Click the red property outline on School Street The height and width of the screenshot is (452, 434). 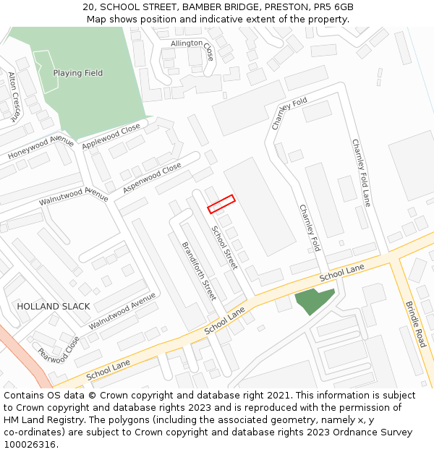(x=221, y=204)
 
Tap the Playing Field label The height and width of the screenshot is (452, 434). (x=78, y=73)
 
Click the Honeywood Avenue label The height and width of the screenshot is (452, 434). (x=41, y=148)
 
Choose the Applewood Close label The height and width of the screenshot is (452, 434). (x=111, y=137)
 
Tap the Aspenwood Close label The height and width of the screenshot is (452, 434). (x=152, y=178)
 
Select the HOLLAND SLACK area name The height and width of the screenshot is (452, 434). (x=54, y=306)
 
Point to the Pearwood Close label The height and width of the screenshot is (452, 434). (x=59, y=349)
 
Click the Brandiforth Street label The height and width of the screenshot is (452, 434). (x=199, y=270)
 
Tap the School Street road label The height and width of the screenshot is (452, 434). (x=224, y=247)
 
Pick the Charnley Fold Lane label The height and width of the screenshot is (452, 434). (x=361, y=173)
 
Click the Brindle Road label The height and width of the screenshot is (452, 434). (x=414, y=323)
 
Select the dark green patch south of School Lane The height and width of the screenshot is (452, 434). (x=314, y=300)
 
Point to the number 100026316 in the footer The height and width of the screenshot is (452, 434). (x=30, y=445)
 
